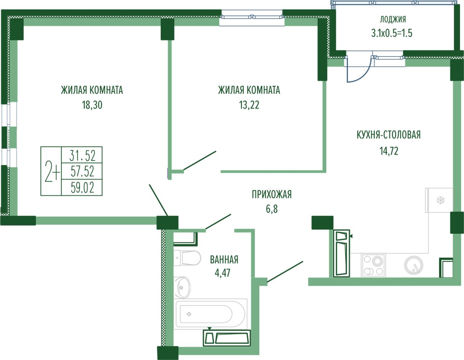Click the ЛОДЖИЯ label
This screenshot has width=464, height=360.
point(393,20)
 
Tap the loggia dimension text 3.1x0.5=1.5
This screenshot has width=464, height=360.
point(391,33)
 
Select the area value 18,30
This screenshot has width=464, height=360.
point(92,105)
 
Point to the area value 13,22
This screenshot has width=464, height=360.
point(249,105)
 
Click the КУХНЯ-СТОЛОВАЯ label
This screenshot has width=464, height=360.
point(389,135)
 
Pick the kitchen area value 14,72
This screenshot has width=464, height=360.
point(389,151)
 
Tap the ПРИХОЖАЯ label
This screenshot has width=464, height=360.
point(272,194)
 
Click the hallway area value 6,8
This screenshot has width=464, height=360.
point(272,209)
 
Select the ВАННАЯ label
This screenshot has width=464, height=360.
point(224,260)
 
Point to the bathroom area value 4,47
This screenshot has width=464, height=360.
point(223,273)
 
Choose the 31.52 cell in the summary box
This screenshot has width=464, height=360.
point(82,155)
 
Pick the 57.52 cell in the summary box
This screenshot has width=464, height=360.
point(82,171)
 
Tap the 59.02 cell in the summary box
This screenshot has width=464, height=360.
point(82,188)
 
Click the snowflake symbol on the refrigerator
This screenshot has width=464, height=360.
point(440,200)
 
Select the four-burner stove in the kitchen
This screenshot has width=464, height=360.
point(373,265)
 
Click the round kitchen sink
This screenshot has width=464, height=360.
point(414,265)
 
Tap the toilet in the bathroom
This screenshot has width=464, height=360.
point(187,258)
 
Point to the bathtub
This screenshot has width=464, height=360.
point(210,314)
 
